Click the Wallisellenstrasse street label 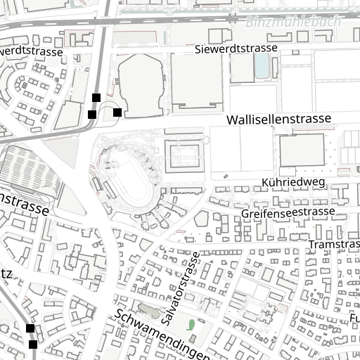tap(278, 120)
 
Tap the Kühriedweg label tap(292, 182)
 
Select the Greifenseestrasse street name tap(288, 212)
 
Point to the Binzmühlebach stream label tap(293, 22)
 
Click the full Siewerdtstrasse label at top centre tap(236, 49)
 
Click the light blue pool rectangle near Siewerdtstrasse tap(262, 66)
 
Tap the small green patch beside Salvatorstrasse tap(191, 325)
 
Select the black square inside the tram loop tap(117, 112)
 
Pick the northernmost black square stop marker tap(96, 98)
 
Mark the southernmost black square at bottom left tap(33, 345)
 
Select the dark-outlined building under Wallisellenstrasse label tap(302, 150)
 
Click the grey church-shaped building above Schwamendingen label tap(148, 309)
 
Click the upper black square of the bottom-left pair tap(30, 328)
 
